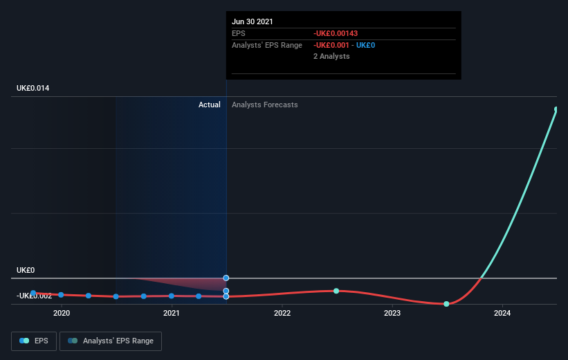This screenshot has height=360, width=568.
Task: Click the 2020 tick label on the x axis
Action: (x=62, y=314)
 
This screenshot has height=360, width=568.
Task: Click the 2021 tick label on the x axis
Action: (x=172, y=314)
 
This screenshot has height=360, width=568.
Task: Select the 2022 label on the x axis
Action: (x=282, y=314)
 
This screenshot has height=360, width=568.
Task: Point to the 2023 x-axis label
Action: (x=392, y=314)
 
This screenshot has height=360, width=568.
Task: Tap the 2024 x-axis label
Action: (x=502, y=314)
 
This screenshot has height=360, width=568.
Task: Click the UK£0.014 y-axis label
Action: (x=33, y=89)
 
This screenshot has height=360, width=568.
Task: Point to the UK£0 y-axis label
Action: (x=26, y=271)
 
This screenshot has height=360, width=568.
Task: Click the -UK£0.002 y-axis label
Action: (x=35, y=296)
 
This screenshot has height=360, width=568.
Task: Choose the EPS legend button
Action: (x=34, y=341)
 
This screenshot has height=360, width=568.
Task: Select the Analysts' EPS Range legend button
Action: (x=111, y=341)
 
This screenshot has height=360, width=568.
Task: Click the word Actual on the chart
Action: (x=209, y=105)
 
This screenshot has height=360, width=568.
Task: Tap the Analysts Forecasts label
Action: (x=265, y=105)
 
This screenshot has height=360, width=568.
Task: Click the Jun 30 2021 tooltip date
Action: (x=253, y=21)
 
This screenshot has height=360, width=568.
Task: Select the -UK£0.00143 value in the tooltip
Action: (x=336, y=33)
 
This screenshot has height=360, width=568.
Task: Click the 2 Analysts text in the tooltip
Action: (x=331, y=56)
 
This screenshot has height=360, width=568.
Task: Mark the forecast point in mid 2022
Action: (x=336, y=291)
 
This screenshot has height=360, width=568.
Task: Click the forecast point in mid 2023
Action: (x=446, y=304)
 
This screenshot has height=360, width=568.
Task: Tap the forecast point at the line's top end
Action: (x=556, y=109)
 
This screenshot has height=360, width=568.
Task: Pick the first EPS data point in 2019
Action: (x=33, y=293)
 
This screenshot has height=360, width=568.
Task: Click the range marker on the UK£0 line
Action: (x=226, y=278)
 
